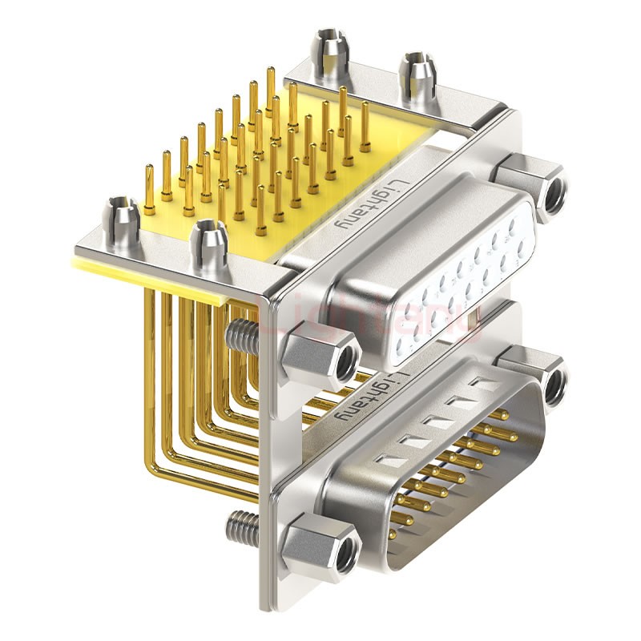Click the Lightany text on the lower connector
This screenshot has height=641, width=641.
[x=365, y=397]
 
